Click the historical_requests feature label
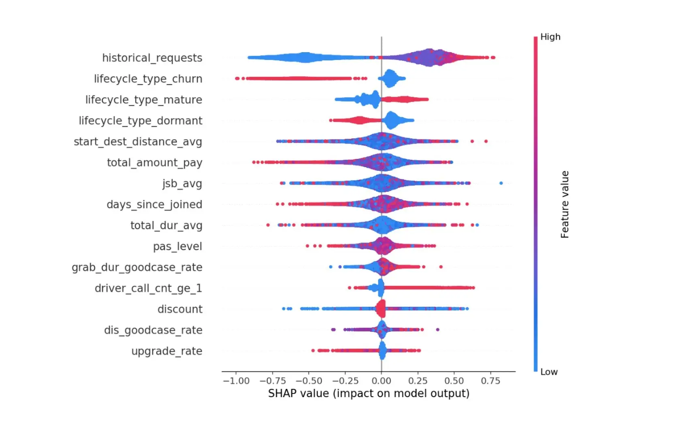point(152,58)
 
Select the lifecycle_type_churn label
point(148,79)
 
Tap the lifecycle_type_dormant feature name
point(140,121)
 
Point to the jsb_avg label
point(182,183)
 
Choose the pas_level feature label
point(177,246)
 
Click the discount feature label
point(180,309)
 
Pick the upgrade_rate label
point(166,351)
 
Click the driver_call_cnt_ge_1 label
point(148,288)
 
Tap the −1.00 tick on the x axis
point(236,381)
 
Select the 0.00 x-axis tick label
point(381,381)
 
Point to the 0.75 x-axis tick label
point(490,381)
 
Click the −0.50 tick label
point(309,381)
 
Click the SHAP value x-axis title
point(369,393)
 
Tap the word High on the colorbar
point(550,37)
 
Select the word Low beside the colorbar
point(549,372)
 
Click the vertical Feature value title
point(565,204)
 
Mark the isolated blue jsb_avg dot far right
point(501,183)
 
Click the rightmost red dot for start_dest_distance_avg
point(486,141)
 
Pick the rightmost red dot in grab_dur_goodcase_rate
point(441,267)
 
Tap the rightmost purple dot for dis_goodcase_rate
point(437,329)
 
